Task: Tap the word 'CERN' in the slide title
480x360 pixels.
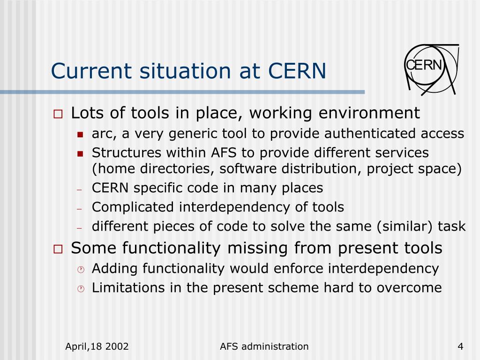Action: [297, 71]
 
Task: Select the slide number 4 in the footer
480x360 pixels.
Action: [460, 347]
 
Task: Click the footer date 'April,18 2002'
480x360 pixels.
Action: [97, 347]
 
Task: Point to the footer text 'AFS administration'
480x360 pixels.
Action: [264, 347]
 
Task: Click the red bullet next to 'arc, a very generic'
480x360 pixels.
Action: [80, 135]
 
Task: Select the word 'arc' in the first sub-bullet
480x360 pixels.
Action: [101, 135]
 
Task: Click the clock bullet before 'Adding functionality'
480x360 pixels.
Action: [80, 270]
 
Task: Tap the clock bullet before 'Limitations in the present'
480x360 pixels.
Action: [80, 289]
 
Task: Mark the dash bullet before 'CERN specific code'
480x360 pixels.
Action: [80, 189]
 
